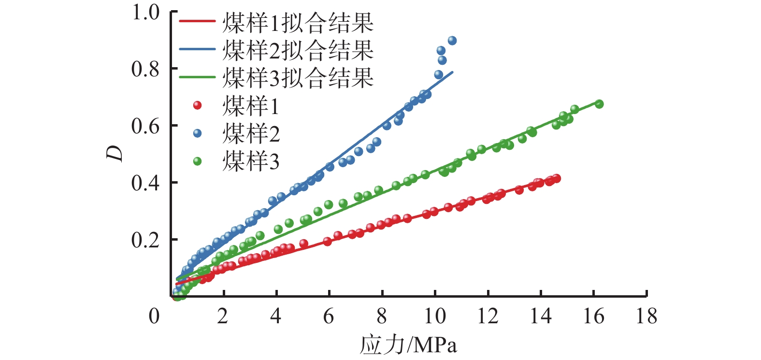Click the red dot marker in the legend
tap(197, 105)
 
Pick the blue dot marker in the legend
tap(197, 133)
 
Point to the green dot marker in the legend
tap(197, 160)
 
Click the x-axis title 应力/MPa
tap(408, 345)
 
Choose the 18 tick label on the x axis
tap(646, 317)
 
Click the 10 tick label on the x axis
tap(435, 317)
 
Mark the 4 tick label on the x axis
tap(275, 317)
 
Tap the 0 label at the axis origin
tap(154, 317)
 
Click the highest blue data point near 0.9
tap(452, 41)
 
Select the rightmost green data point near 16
tap(599, 104)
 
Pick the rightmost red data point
tap(557, 178)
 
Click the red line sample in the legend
tap(197, 22)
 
